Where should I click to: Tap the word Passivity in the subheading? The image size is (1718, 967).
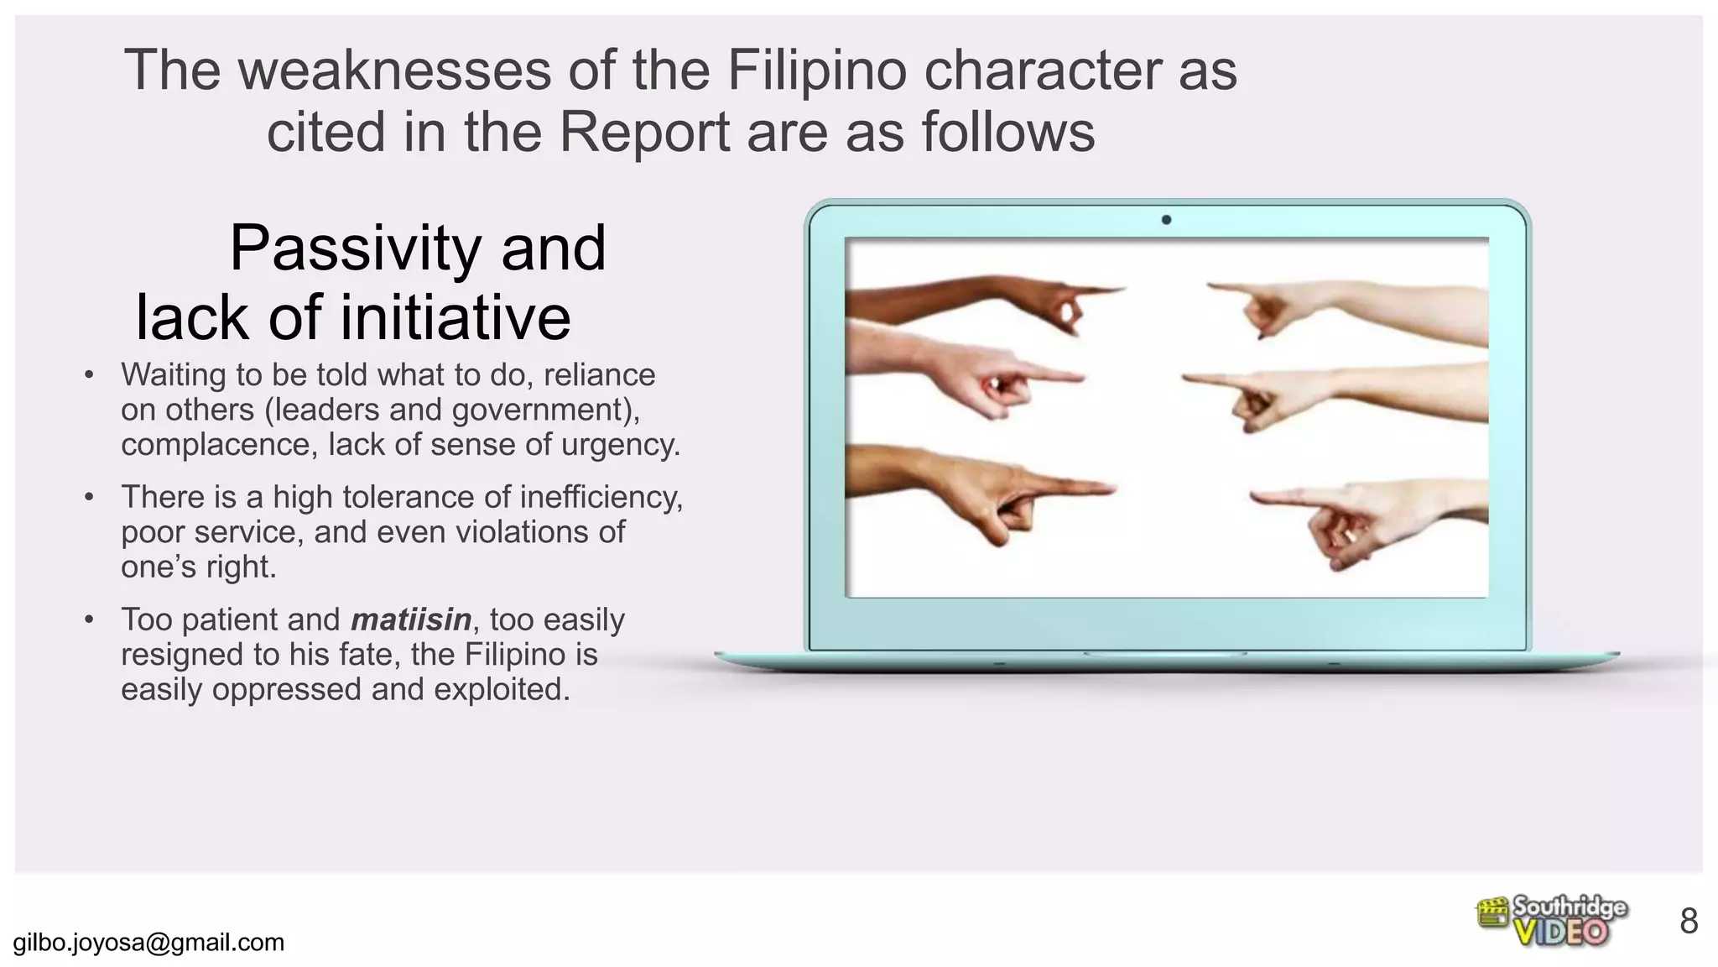pos(356,248)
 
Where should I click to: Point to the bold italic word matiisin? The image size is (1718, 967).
pos(411,619)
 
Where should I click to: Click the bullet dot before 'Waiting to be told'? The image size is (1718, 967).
pos(89,375)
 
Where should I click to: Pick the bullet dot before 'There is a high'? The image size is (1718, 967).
pos(89,498)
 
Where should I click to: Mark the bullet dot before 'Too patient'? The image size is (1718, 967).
pos(89,620)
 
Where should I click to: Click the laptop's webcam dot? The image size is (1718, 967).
pos(1166,220)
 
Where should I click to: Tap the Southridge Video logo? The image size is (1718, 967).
pos(1551,921)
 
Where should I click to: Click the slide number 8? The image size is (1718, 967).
pos(1689,922)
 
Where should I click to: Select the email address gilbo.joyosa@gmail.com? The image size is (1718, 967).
pos(149,943)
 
